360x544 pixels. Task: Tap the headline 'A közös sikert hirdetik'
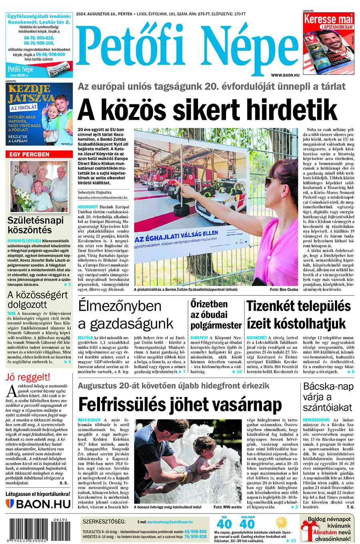[208, 109]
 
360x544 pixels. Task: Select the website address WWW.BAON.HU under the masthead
[285, 75]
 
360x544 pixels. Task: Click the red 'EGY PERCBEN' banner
[30, 154]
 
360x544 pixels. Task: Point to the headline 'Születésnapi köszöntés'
[36, 225]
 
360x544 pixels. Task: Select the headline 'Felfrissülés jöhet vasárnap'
[180, 405]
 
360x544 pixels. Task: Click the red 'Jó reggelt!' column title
[28, 377]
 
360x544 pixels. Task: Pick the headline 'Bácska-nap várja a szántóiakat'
[328, 397]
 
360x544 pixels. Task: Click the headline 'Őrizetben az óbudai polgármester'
[216, 315]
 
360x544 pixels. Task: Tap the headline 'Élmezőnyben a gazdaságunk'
[126, 315]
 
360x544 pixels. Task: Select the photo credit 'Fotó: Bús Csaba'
[284, 289]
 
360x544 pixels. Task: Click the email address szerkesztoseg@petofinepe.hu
[170, 522]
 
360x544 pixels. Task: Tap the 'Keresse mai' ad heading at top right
[328, 19]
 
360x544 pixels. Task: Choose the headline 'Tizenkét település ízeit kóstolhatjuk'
[298, 315]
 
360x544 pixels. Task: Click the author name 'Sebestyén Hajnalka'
[94, 192]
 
